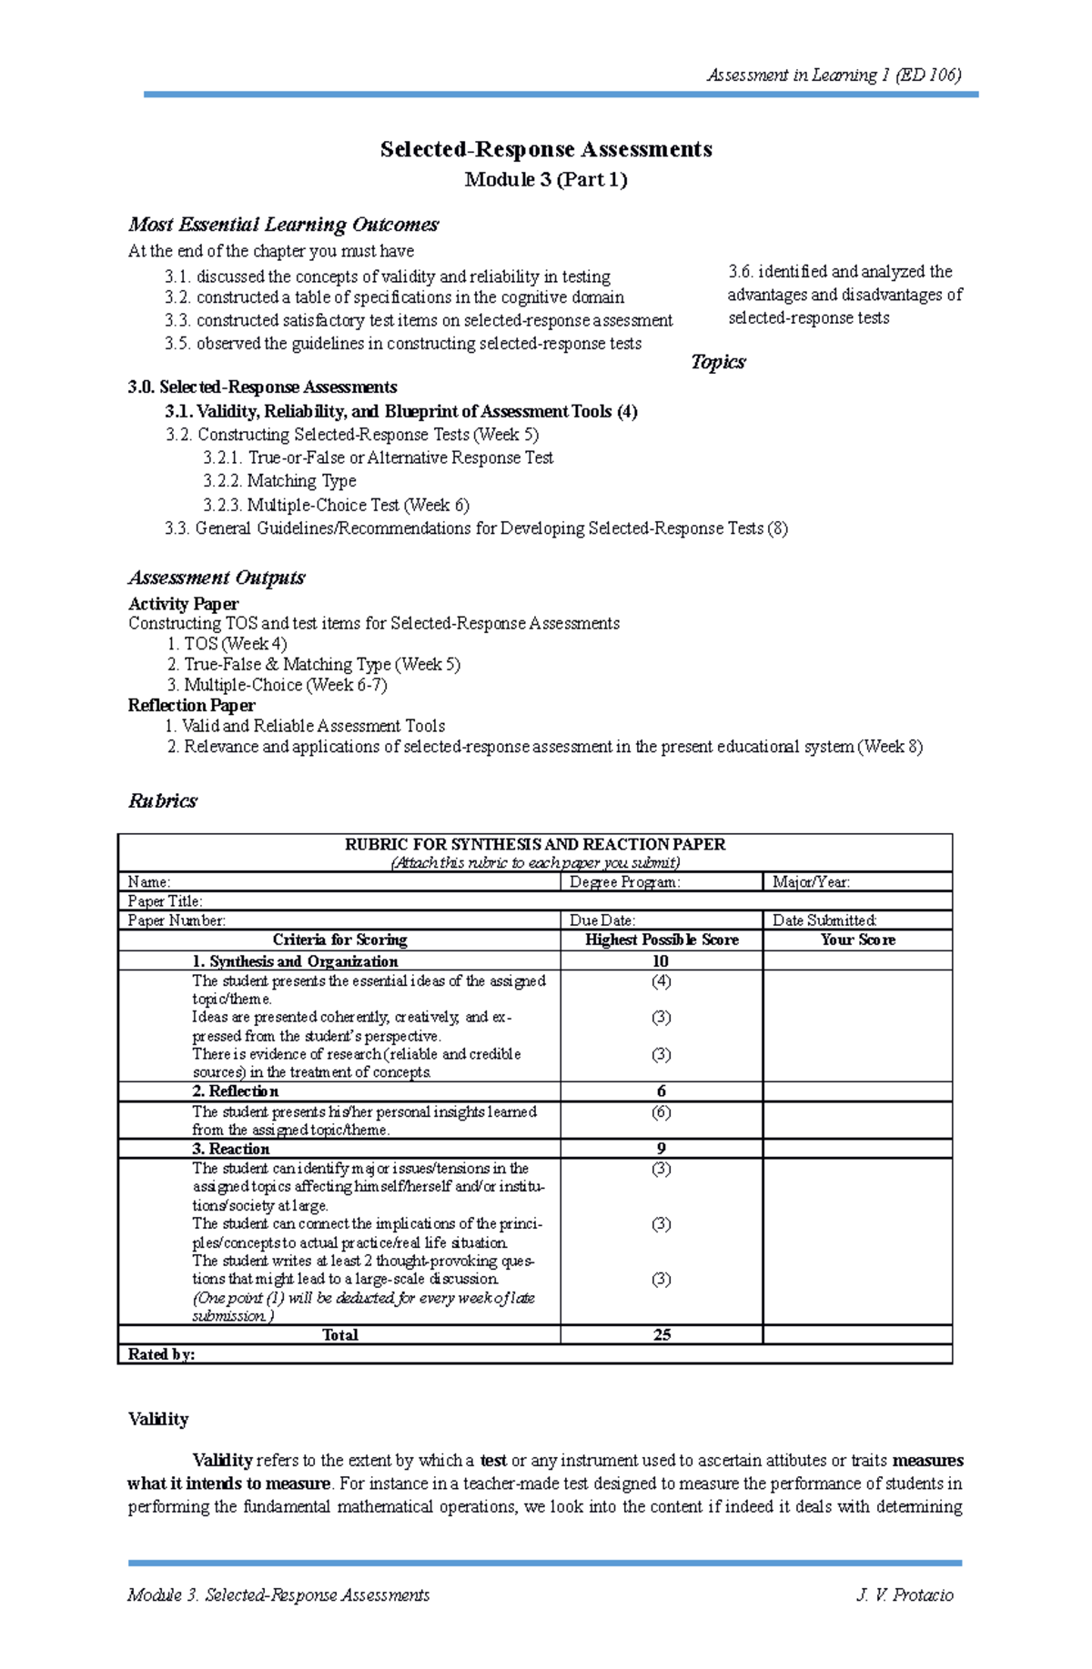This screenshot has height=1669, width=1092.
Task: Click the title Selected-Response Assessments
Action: point(546,150)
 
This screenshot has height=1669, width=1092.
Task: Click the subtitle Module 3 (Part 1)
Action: point(546,180)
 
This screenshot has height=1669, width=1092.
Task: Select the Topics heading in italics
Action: point(718,362)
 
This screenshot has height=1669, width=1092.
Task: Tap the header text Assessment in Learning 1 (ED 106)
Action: point(834,75)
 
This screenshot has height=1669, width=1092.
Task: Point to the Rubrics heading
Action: point(163,801)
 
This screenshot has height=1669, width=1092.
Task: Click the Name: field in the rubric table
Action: point(149,882)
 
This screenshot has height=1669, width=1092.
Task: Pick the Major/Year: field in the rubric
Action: point(812,882)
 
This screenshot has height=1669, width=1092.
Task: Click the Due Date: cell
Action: point(602,920)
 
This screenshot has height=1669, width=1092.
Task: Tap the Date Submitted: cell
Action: point(824,920)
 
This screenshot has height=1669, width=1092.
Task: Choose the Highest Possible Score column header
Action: point(662,940)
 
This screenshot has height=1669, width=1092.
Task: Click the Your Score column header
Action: point(857,940)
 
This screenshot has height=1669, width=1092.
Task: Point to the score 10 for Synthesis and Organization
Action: point(661,961)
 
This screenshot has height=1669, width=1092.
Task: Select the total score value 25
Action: point(662,1335)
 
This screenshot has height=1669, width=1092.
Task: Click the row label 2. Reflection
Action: point(236,1091)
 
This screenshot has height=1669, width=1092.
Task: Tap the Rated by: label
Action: point(162,1355)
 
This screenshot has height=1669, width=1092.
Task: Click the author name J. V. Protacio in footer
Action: point(905,1595)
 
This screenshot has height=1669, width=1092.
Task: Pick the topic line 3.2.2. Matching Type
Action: point(280,481)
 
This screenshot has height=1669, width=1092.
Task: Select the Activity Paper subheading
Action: point(183,604)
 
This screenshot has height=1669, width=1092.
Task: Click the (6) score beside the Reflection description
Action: point(661,1112)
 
